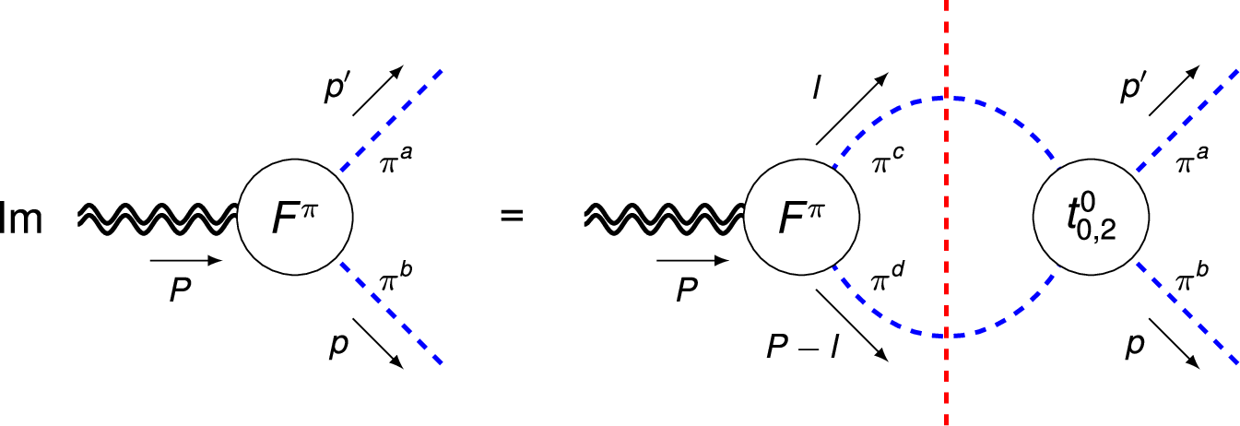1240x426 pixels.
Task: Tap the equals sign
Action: click(x=511, y=218)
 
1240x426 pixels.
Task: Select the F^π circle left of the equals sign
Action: click(x=295, y=218)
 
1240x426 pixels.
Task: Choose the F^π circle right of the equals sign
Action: click(x=800, y=218)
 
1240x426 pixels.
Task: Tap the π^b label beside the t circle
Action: click(x=1195, y=275)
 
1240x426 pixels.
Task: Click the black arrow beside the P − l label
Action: click(x=851, y=323)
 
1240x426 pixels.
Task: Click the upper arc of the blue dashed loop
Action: click(x=946, y=98)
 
